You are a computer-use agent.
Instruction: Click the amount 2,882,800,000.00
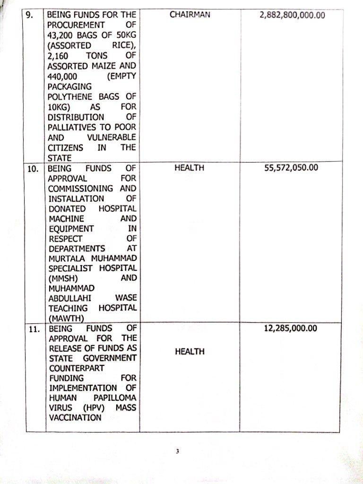pos(292,15)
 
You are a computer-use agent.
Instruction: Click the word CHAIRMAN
pos(190,15)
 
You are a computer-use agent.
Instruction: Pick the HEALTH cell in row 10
pos(189,168)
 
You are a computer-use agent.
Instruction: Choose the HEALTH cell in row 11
pos(189,352)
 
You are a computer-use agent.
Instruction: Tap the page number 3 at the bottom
pos(178,451)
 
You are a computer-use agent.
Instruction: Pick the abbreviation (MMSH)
pos(61,278)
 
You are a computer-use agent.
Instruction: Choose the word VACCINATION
pos(75,418)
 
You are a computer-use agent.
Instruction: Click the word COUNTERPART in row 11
pos(75,368)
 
